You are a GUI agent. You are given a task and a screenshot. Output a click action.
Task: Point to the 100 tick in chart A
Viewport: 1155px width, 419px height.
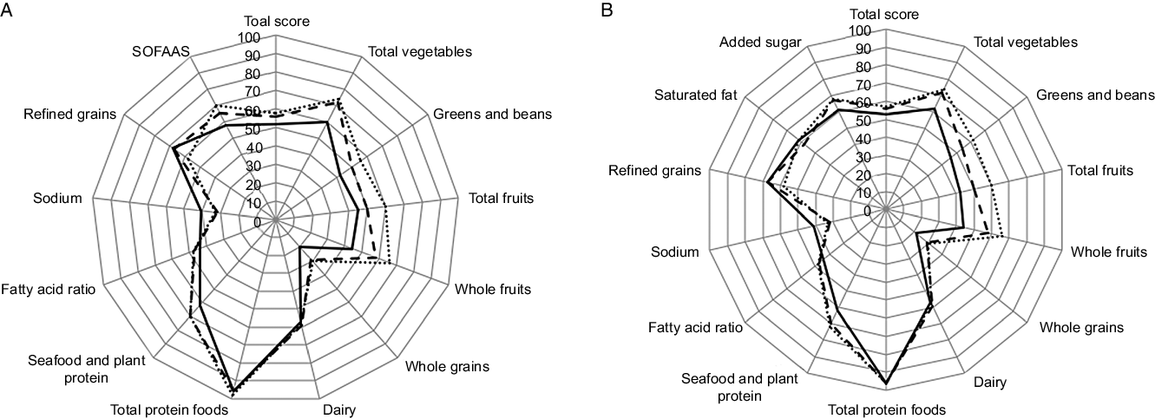click(250, 39)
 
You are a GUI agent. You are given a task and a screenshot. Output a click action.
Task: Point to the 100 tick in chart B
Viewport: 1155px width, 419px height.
click(861, 30)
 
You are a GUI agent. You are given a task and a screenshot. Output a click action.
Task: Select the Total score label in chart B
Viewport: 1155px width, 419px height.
click(886, 13)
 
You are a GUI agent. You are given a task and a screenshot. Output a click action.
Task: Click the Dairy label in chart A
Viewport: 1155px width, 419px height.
click(338, 409)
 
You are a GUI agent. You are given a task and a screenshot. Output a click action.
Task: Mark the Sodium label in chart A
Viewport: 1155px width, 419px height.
click(57, 199)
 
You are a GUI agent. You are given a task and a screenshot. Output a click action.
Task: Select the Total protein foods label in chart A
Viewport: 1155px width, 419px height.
click(169, 409)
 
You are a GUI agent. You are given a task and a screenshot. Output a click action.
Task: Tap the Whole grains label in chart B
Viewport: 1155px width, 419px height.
click(1081, 327)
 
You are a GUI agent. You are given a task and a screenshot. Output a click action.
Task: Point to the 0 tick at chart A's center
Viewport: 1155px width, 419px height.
click(257, 222)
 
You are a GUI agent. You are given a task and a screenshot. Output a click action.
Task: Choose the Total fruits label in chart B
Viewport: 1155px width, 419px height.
click(1100, 170)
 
